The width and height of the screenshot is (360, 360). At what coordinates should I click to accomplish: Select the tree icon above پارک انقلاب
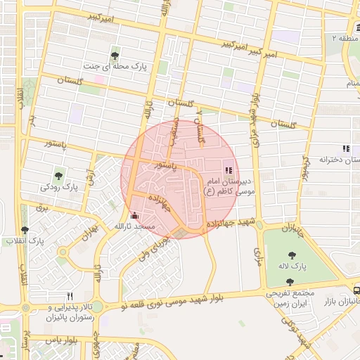coord(25,230)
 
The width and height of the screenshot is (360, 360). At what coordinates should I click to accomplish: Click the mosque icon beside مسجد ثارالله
coord(135,216)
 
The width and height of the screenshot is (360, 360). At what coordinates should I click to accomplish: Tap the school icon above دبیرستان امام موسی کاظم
coord(227,169)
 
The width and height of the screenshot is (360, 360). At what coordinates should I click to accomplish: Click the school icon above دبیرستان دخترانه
coord(345,148)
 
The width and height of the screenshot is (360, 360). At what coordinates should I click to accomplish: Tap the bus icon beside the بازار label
coord(357,290)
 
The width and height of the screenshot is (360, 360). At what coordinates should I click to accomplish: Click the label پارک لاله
coord(299,267)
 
